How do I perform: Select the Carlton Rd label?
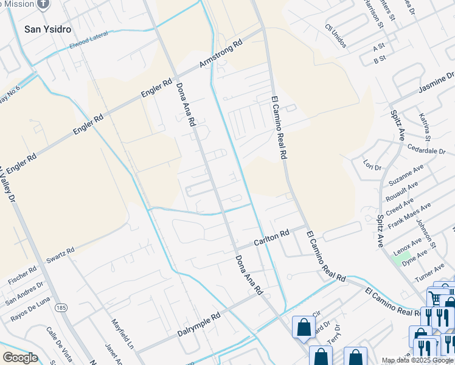[x=271, y=237]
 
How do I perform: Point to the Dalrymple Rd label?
[x=198, y=325]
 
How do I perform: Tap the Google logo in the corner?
[x=20, y=358]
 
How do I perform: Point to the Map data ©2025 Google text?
[x=418, y=360]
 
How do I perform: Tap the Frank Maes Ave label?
[x=409, y=215]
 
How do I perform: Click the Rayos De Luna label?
[x=29, y=310]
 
